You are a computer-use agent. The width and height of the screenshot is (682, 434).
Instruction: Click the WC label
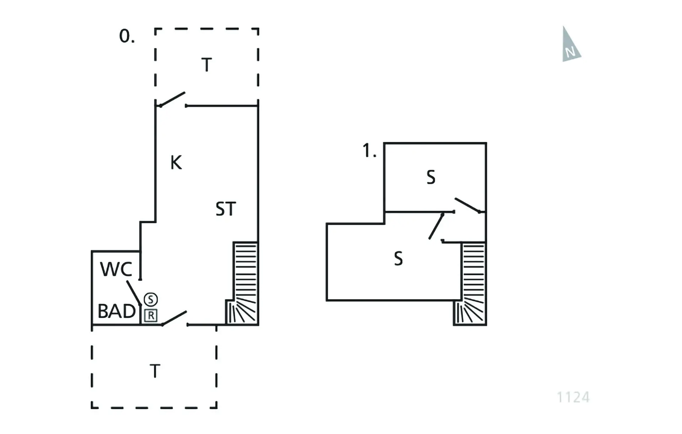point(116,269)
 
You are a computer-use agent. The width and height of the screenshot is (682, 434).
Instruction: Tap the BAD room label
point(117,311)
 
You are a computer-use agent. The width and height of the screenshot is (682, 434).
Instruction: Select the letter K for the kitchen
point(176,163)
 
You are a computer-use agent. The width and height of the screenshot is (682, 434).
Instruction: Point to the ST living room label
point(226,209)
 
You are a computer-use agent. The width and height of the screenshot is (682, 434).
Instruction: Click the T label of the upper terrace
point(207,65)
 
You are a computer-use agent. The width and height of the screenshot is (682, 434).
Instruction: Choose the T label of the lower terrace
point(155,371)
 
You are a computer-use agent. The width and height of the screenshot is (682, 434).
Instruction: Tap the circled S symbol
point(151,299)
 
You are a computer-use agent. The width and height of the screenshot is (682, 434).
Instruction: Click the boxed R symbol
point(151,315)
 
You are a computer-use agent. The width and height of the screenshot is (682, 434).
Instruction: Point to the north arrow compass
point(570,44)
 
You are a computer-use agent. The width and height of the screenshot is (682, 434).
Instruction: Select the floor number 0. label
point(127,36)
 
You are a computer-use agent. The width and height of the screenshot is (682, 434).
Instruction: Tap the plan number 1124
point(573,397)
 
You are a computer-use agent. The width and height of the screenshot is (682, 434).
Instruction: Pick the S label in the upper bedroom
point(431,177)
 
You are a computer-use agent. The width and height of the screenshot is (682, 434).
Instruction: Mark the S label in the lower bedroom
point(399,259)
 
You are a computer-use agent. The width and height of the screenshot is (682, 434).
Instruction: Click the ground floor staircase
point(242,283)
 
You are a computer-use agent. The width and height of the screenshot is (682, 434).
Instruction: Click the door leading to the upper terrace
point(172,99)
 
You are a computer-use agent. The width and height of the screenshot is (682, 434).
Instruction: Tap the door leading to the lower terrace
point(174,318)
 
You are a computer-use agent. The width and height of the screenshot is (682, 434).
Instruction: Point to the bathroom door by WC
point(134,293)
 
